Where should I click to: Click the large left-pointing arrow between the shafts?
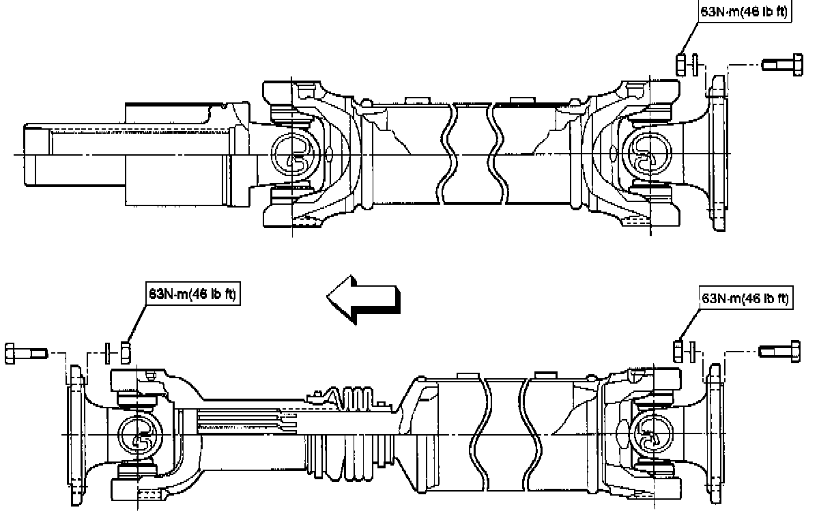tap(362, 298)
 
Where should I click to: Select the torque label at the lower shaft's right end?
tap(746, 298)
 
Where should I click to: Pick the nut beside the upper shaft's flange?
tap(681, 64)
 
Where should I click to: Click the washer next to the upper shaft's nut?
tap(694, 64)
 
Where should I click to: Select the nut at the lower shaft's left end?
tap(126, 352)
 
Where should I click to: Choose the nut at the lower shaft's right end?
tap(679, 352)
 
